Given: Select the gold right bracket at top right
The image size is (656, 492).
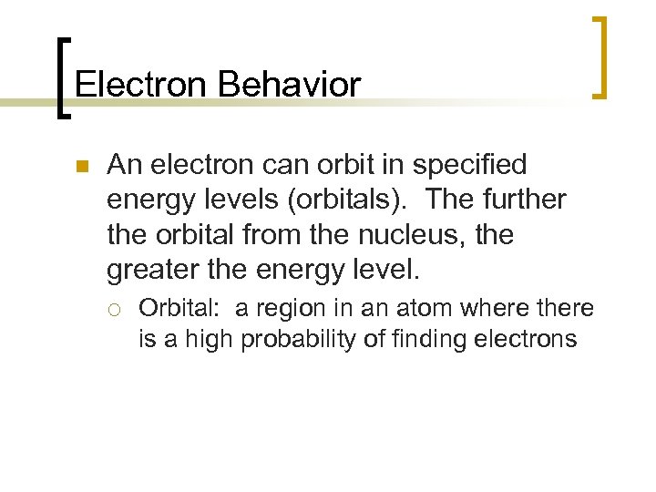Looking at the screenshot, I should (x=599, y=56).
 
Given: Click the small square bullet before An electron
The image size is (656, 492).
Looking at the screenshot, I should (x=81, y=166).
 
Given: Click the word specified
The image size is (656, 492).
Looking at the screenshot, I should (x=469, y=165).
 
